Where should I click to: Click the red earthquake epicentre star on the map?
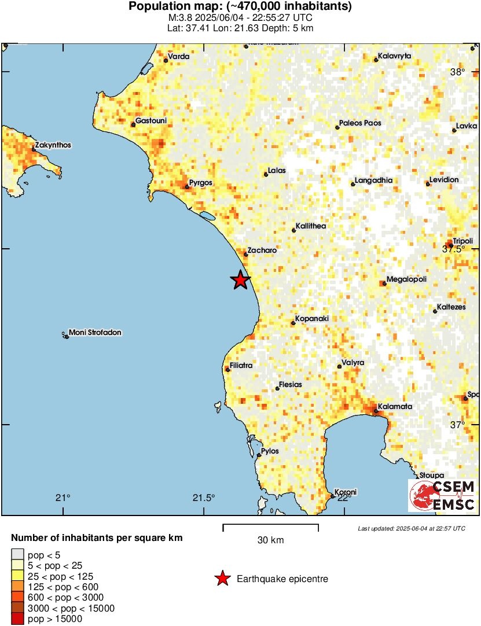click(x=240, y=280)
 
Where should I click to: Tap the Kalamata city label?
click(x=396, y=407)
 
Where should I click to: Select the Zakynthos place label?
click(x=53, y=145)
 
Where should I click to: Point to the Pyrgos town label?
click(x=201, y=182)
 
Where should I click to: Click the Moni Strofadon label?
click(x=95, y=333)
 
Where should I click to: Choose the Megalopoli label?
click(x=406, y=279)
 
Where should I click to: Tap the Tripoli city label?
click(x=462, y=241)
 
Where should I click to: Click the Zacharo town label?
click(x=262, y=251)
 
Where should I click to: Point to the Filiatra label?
click(x=241, y=366)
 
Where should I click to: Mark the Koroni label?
click(x=346, y=492)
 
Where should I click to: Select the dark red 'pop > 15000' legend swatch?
click(x=17, y=619)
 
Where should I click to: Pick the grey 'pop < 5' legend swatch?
click(x=17, y=554)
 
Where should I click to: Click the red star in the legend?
click(x=221, y=579)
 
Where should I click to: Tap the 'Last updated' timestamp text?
click(x=411, y=528)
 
